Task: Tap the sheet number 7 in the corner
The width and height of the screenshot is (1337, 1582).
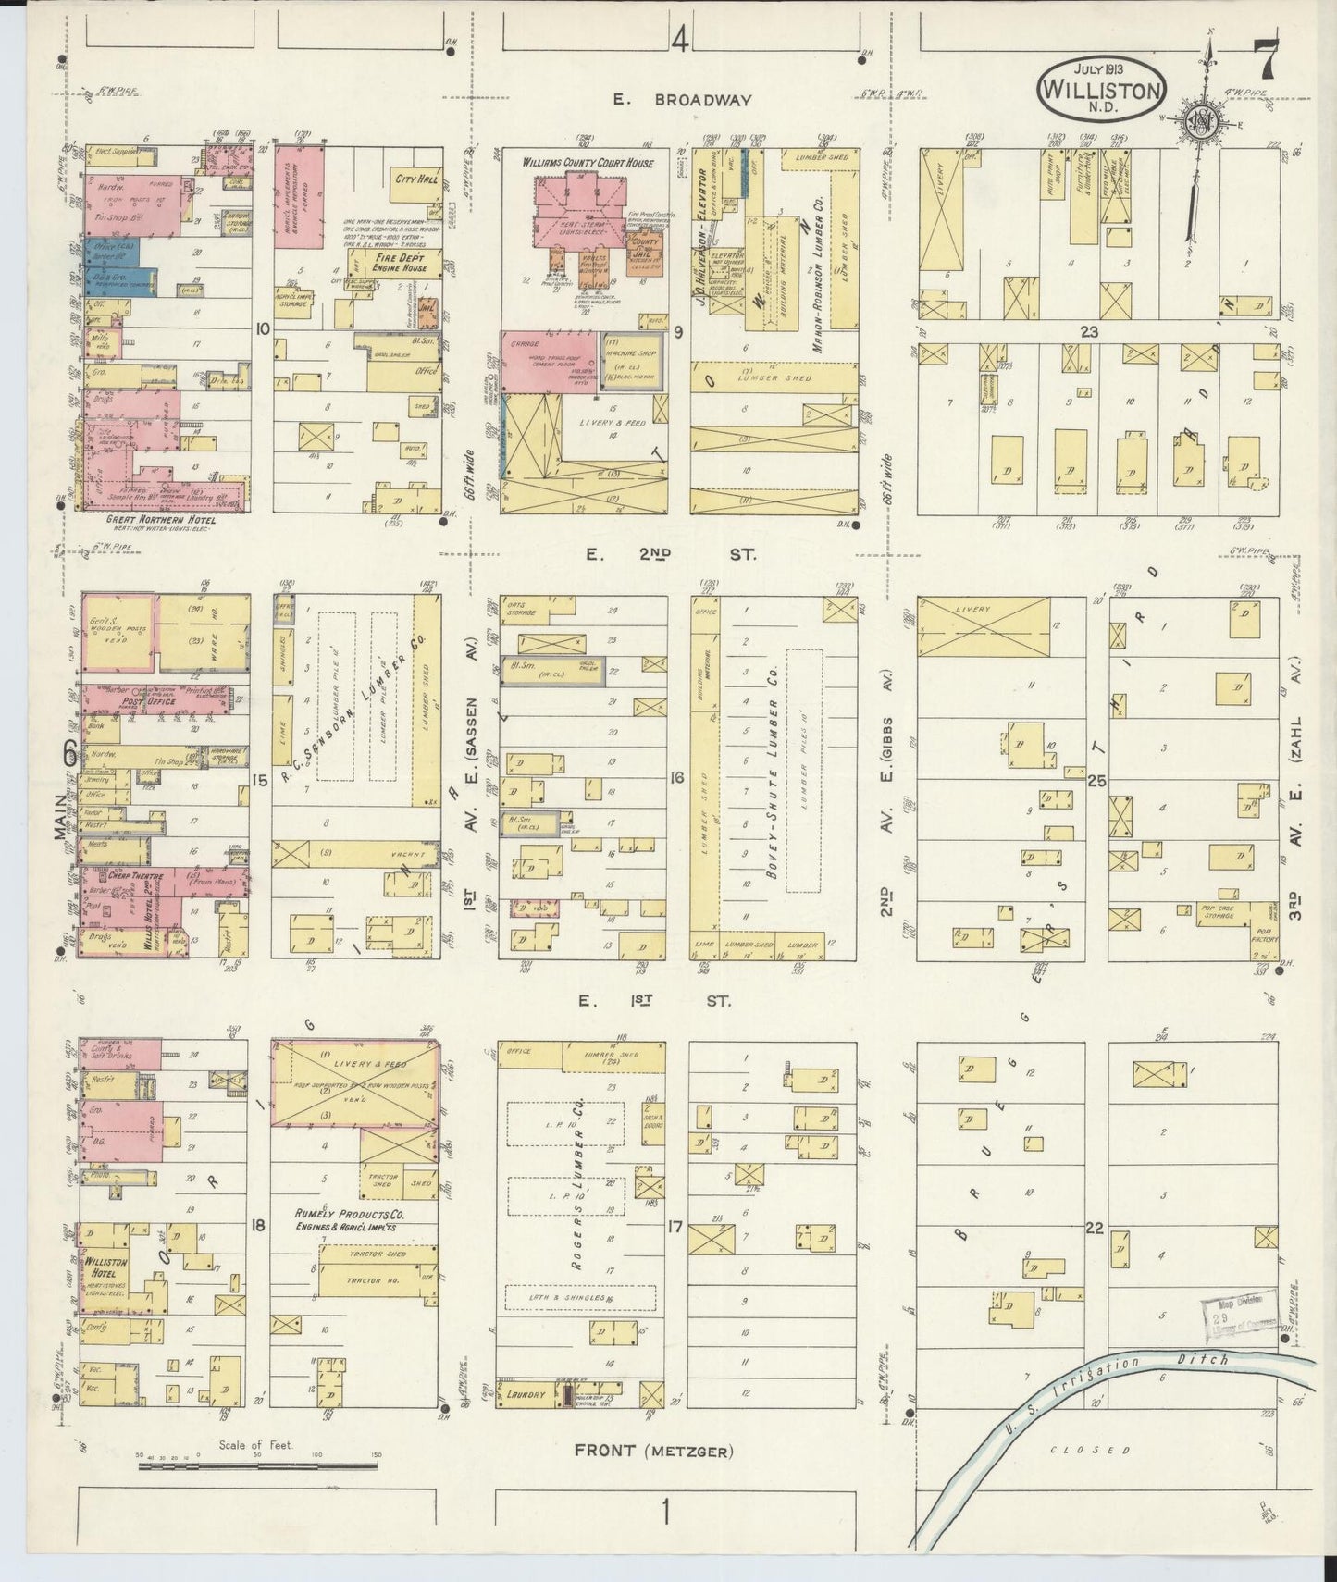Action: pos(1264,63)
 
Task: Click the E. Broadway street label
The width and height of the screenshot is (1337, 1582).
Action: pos(682,100)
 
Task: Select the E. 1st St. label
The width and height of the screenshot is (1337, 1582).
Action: pos(654,1001)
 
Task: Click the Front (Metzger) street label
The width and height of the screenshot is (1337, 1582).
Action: pos(653,1451)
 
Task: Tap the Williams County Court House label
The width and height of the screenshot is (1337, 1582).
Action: pos(588,163)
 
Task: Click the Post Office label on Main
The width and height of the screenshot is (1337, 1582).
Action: pos(142,702)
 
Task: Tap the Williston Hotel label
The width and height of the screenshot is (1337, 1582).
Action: pos(104,1267)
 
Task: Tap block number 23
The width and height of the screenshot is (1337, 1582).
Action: pos(1088,330)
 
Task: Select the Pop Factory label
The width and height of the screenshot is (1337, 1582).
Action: pos(1264,932)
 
